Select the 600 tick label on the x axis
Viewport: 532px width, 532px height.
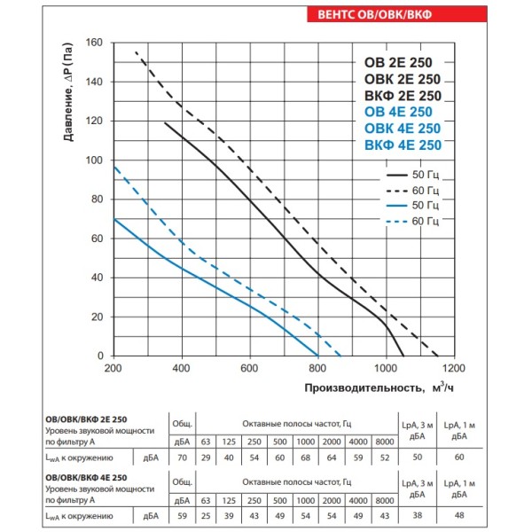pyautogui.click(x=249, y=368)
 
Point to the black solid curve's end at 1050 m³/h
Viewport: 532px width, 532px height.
pyautogui.click(x=403, y=356)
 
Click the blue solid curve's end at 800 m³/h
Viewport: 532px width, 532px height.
pyautogui.click(x=317, y=356)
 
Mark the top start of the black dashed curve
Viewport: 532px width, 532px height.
pyautogui.click(x=137, y=53)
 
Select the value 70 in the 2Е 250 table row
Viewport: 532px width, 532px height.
pyautogui.click(x=182, y=457)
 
